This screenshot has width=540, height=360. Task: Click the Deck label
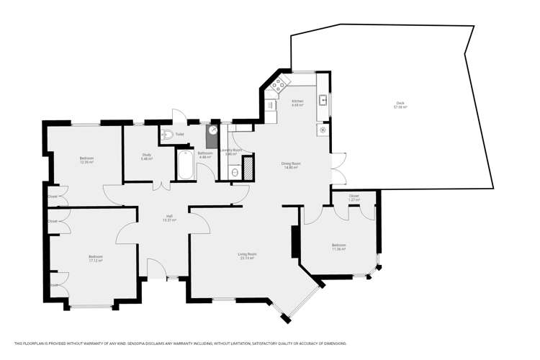coord(399,103)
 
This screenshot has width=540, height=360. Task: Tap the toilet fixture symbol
coord(167,134)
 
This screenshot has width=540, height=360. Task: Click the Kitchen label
coord(297,102)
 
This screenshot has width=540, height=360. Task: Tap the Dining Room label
coord(291,163)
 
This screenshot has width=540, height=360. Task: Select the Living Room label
coord(247,254)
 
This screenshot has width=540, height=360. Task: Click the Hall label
coord(170,215)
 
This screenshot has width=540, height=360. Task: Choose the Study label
coord(146,155)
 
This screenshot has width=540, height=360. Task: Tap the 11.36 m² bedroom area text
coord(338,249)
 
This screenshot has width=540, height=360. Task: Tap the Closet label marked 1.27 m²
coord(354,199)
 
